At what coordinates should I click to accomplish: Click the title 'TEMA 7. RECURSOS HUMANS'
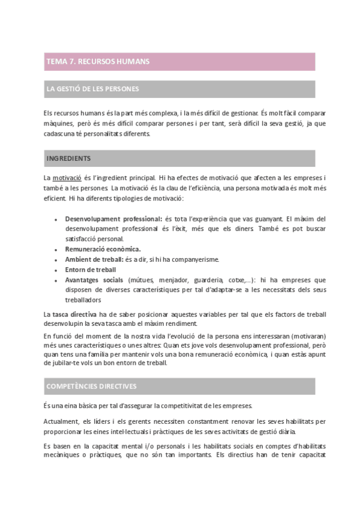[98, 62]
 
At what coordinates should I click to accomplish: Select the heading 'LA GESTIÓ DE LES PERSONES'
[92, 89]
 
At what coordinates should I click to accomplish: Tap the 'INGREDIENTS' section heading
[68, 158]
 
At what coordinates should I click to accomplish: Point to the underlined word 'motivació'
[67, 178]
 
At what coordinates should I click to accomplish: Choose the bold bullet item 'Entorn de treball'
[91, 270]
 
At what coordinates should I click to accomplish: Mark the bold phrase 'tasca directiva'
[74, 315]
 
